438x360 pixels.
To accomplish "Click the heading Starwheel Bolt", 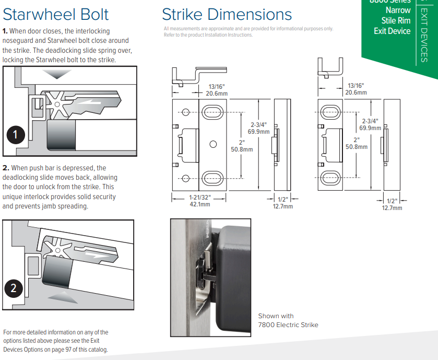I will tap(56, 14).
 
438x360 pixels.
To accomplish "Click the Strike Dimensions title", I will tap(227, 14).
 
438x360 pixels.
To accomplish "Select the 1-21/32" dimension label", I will tap(199, 198).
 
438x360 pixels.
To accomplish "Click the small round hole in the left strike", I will tap(213, 144).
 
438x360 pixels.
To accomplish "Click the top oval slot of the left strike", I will tap(213, 110).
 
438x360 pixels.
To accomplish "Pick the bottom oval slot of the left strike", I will tap(213, 177).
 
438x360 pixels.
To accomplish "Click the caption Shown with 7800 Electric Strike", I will tap(288, 320).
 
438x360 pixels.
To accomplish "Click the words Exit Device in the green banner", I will tap(392, 31).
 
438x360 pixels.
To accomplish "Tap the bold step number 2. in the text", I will tap(6, 168).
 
